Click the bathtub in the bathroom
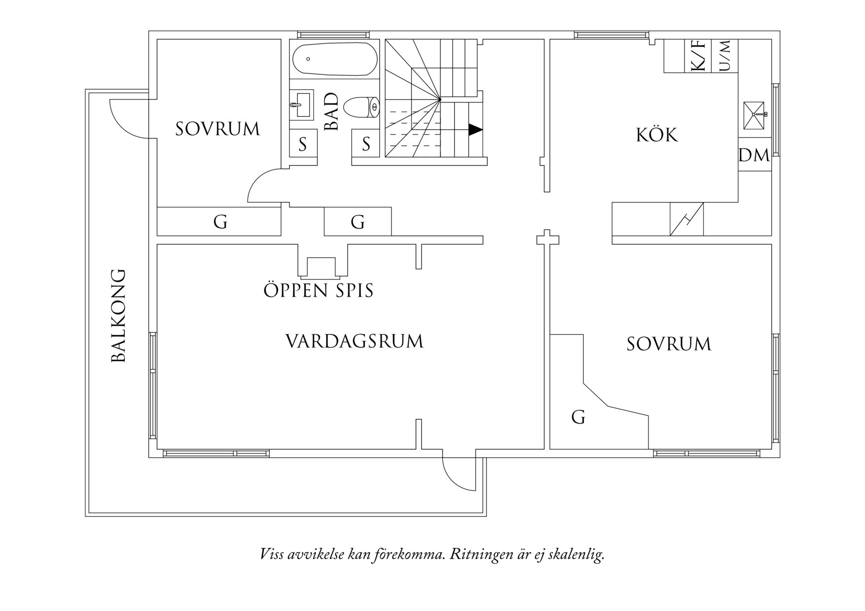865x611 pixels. tap(335, 60)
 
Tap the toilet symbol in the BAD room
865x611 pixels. tap(361, 107)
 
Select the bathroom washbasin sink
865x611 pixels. tap(301, 104)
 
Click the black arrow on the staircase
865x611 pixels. tap(475, 130)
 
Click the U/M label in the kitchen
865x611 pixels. tap(725, 56)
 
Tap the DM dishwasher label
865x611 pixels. tap(754, 156)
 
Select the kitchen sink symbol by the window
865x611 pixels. tap(754, 115)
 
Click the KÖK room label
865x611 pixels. tap(657, 135)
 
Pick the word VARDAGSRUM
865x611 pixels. tap(355, 341)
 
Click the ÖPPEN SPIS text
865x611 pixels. tap(319, 291)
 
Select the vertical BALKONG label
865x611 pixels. tap(119, 315)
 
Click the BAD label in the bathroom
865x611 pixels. tap(332, 112)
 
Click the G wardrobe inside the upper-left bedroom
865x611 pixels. tap(220, 222)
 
